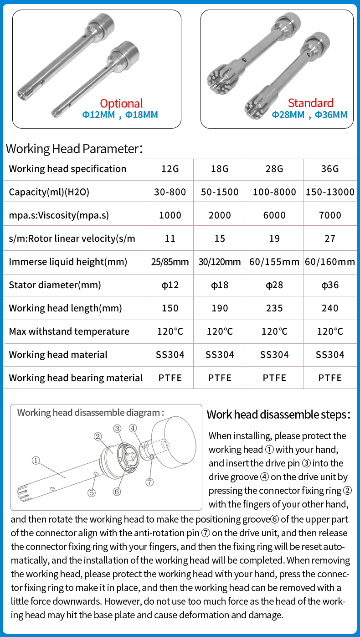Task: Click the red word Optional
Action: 121,104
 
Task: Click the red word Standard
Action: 310,103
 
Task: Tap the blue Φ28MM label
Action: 288,115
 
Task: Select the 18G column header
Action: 220,169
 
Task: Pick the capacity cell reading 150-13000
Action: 330,192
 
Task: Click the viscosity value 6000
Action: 274,215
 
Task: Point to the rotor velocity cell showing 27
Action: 330,238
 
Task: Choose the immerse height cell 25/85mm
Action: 170,262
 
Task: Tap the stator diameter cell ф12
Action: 170,285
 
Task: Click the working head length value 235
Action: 274,308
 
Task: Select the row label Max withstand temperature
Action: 69,331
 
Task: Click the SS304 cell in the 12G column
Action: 170,355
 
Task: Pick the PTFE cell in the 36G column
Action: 330,378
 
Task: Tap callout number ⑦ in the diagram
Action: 150,482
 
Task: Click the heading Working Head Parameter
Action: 72,149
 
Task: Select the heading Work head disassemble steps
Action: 278,414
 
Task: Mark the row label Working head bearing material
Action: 76,378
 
